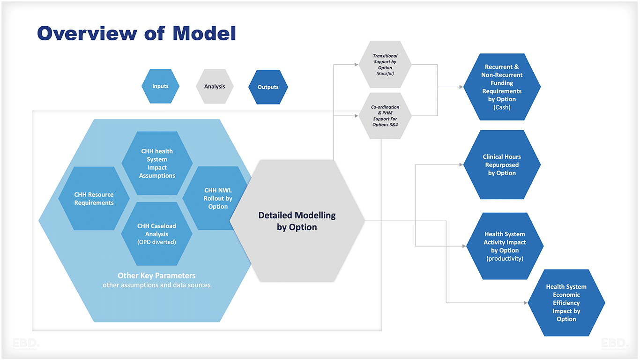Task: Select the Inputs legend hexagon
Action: (x=160, y=86)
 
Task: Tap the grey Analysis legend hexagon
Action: (x=215, y=86)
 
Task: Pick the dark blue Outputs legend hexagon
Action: (x=268, y=87)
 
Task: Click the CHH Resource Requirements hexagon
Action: (x=94, y=199)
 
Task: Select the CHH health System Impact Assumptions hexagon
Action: (x=157, y=163)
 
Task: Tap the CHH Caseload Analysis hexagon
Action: (x=156, y=233)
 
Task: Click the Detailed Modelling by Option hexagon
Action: (x=297, y=221)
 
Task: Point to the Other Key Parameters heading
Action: (x=156, y=276)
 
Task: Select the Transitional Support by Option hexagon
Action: (x=385, y=64)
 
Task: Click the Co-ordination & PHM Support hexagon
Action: (x=385, y=115)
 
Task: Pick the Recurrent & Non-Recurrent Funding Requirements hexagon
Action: (x=502, y=87)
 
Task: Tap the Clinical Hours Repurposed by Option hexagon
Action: (x=502, y=165)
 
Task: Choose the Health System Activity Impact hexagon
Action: (x=505, y=246)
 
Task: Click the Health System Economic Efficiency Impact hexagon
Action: (x=566, y=302)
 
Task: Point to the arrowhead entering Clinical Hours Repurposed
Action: (x=461, y=165)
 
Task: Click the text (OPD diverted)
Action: (x=156, y=242)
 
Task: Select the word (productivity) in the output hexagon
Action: (x=505, y=258)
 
